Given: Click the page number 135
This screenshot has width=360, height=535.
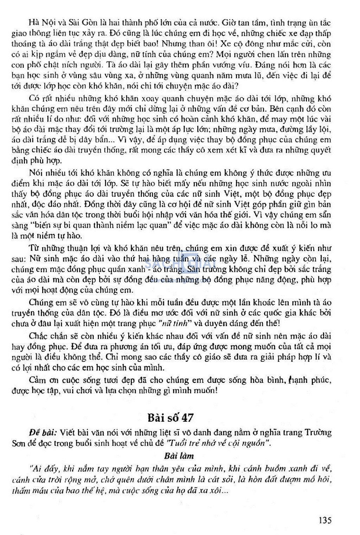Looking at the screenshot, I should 325,520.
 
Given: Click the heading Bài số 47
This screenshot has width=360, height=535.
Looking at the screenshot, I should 171,417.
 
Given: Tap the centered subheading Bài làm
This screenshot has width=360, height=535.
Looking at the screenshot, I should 179,456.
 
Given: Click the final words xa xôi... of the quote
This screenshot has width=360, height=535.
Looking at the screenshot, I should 214,490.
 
